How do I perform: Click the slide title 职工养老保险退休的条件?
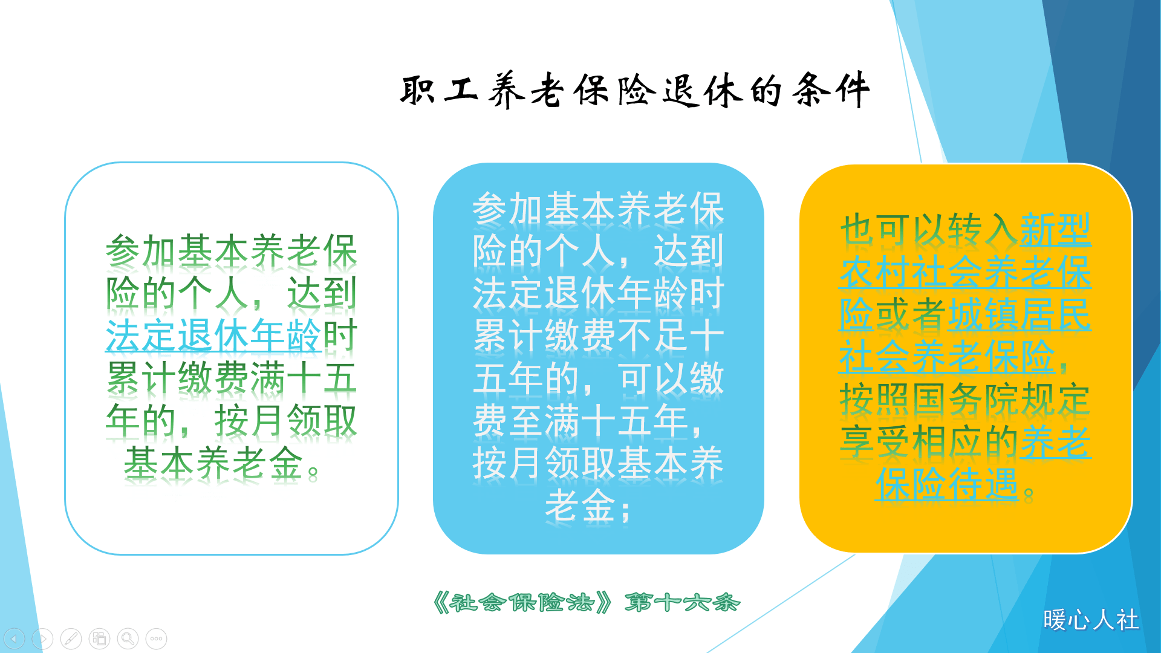coord(635,91)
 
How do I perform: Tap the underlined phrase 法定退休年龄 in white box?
coord(213,336)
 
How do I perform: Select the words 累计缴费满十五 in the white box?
coord(231,378)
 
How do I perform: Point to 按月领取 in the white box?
coord(285,421)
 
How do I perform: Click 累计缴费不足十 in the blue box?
coord(599,336)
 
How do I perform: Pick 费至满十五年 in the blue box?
coord(580,421)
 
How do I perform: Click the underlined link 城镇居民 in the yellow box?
coord(1020,314)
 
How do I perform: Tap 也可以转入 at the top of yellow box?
coord(929,230)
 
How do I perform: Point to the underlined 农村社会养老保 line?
coord(965,272)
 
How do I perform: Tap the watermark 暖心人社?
coord(1091,620)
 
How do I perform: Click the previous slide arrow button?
coord(15,638)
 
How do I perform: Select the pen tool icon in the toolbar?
coord(71,638)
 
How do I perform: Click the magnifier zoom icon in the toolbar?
coord(128,638)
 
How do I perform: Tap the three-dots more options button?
coord(156,638)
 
